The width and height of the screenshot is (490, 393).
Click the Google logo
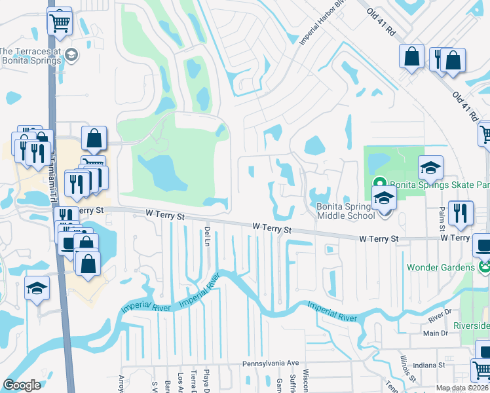point(22,385)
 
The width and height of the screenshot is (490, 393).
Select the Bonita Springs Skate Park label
point(439,185)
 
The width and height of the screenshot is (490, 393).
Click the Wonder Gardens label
point(440,267)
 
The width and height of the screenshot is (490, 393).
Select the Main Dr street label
point(435,333)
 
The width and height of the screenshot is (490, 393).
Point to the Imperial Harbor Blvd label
point(314,29)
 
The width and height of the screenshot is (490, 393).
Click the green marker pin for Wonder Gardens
point(484,267)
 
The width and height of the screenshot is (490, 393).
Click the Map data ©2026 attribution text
point(462,388)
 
